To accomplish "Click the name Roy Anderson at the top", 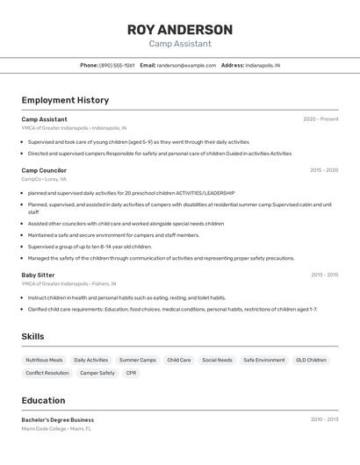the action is (x=179, y=30).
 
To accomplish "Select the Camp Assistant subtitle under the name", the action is (x=179, y=44).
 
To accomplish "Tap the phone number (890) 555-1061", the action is (x=117, y=65).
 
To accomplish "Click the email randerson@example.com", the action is (x=186, y=65).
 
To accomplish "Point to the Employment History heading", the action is (x=65, y=100).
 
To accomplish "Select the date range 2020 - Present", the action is (x=320, y=118).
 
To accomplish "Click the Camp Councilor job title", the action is (x=44, y=170).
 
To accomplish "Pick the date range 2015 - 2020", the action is (x=323, y=170).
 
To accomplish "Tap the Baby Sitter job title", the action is (x=38, y=275).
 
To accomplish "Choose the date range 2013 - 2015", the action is (x=323, y=275).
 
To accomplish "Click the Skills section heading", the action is (x=32, y=337).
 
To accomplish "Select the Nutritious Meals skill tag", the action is (x=44, y=360).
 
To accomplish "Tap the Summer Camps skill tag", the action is (x=137, y=360).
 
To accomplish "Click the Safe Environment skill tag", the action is (x=263, y=360).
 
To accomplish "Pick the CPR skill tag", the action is (x=131, y=373).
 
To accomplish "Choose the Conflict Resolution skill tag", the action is (x=47, y=373).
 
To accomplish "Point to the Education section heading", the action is (x=43, y=400).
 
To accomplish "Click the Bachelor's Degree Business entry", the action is (x=58, y=419).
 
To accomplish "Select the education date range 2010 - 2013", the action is (x=323, y=419).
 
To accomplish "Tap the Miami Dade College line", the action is (x=56, y=429).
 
